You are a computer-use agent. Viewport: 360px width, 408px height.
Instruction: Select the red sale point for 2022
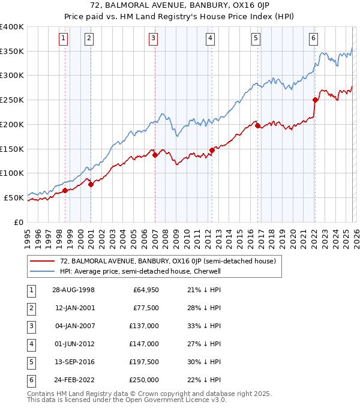tap(315, 100)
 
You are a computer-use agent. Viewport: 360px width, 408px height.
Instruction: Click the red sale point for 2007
tap(155, 155)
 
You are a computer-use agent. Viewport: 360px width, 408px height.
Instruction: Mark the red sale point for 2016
tap(258, 125)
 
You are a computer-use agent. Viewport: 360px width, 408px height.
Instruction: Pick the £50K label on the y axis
tap(14, 197)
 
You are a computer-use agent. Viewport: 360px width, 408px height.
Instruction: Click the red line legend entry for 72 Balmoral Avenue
tap(167, 261)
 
